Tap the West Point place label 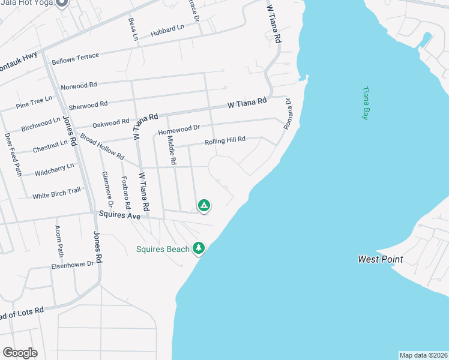tap(380, 260)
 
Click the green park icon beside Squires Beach tap(199, 248)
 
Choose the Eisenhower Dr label tap(72, 263)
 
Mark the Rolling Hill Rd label tap(225, 141)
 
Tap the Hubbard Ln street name tap(167, 30)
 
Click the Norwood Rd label tap(79, 86)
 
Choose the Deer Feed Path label tap(13, 154)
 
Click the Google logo tap(20, 353)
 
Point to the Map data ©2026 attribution tap(423, 355)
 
